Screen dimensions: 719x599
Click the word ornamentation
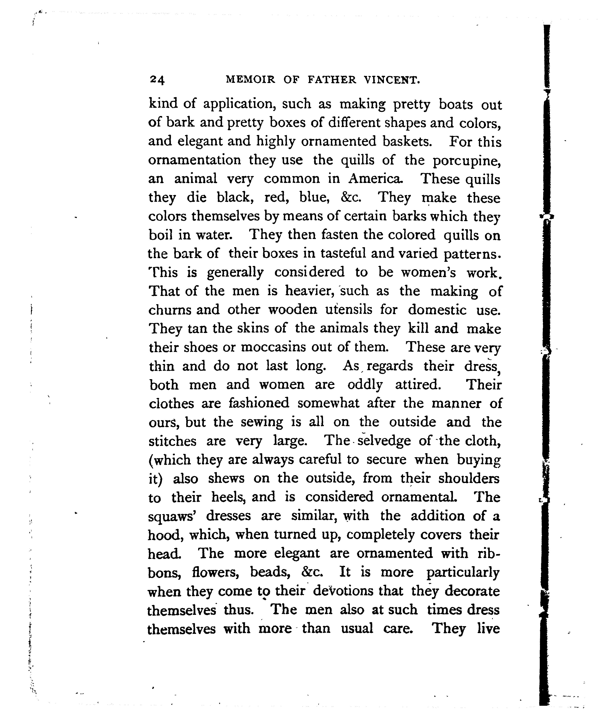click(194, 161)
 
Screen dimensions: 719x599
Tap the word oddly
click(365, 385)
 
